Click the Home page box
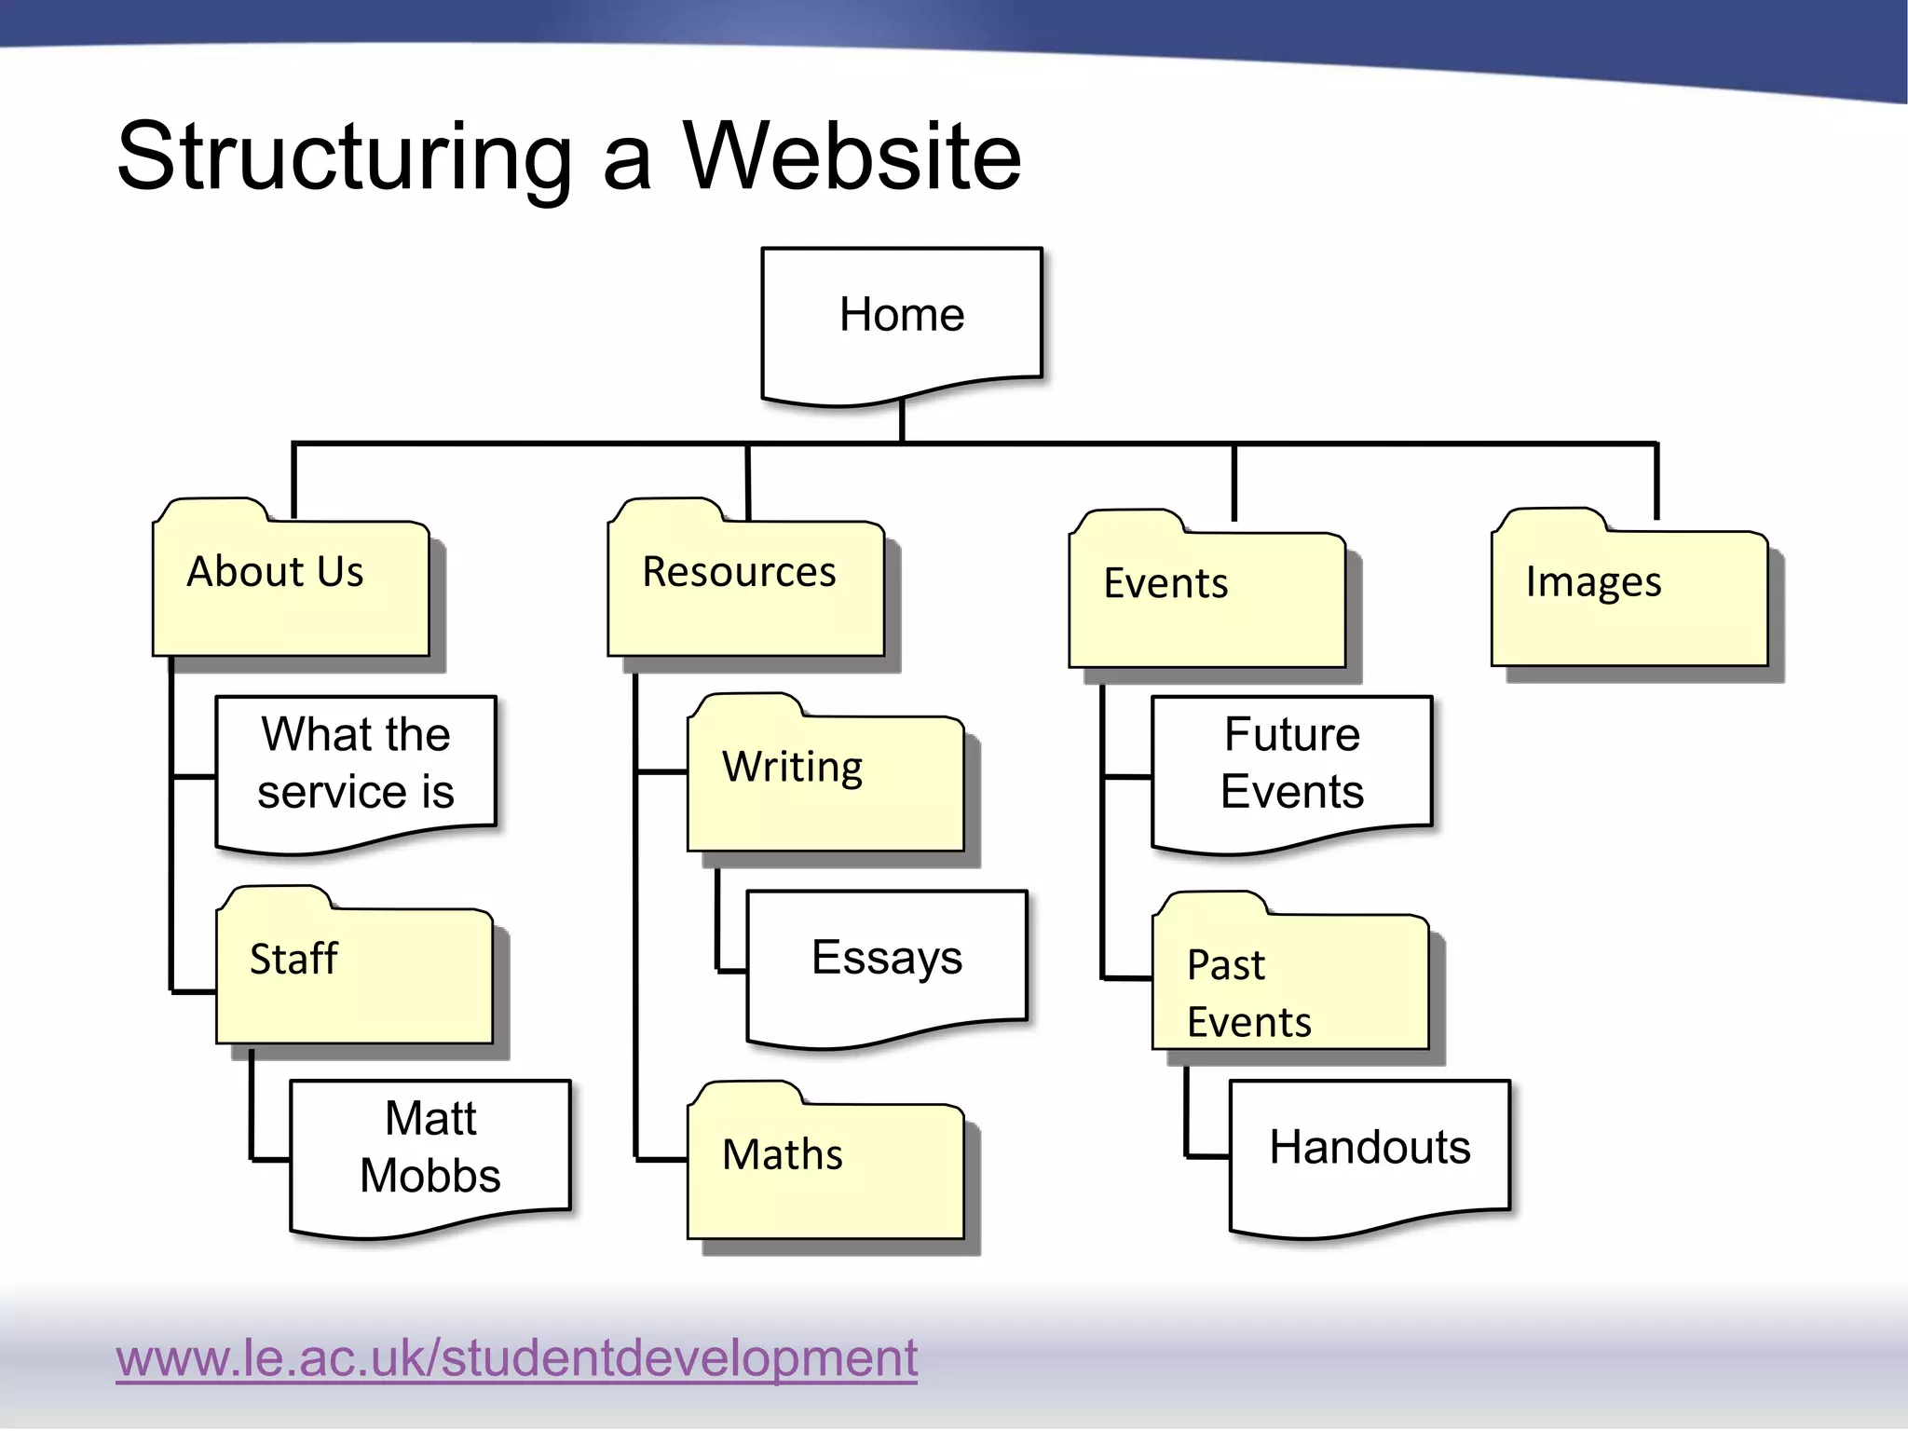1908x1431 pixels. [901, 317]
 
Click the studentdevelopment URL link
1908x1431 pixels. [516, 1357]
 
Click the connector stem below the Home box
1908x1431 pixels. [902, 421]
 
